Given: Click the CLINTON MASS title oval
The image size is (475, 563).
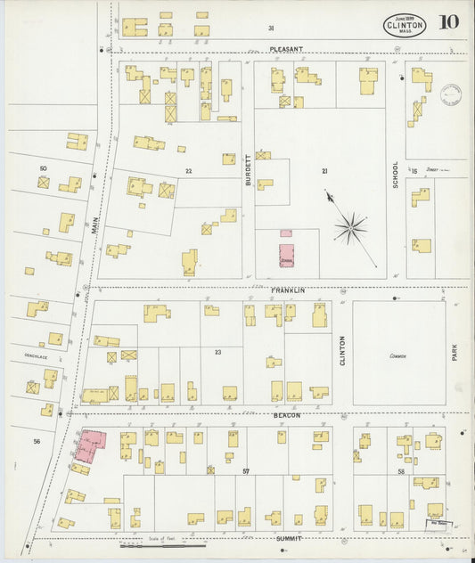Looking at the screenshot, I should coord(405,25).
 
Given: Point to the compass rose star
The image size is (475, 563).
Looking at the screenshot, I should coord(350,228).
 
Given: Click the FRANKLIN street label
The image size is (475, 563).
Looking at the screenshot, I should coord(288,290).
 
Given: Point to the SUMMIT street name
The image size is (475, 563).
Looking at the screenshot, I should coord(288,539).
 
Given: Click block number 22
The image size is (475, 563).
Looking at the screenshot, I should coord(189,171).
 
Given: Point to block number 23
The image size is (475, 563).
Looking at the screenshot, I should coord(217,353).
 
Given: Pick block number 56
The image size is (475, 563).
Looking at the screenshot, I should coord(37,441).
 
